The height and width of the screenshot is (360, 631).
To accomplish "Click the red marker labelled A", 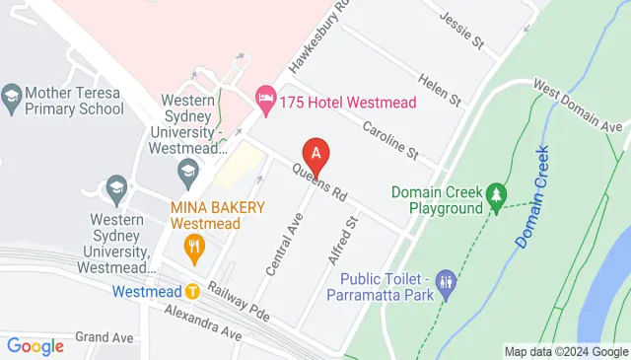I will pyautogui.click(x=315, y=155).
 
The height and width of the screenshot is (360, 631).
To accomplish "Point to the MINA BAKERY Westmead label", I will pyautogui.click(x=217, y=215).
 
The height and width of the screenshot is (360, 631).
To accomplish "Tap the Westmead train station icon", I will pyautogui.click(x=192, y=292).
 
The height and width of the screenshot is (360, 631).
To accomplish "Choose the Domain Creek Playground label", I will pyautogui.click(x=436, y=199).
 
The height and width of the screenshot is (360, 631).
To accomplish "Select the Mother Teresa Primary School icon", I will pyautogui.click(x=12, y=96).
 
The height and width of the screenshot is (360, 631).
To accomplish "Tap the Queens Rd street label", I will pyautogui.click(x=321, y=179).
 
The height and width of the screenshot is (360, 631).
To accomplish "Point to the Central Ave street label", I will pyautogui.click(x=283, y=243).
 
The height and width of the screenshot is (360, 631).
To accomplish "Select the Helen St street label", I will pyautogui.click(x=440, y=89).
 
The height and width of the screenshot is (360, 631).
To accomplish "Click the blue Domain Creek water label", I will pyautogui.click(x=531, y=196).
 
